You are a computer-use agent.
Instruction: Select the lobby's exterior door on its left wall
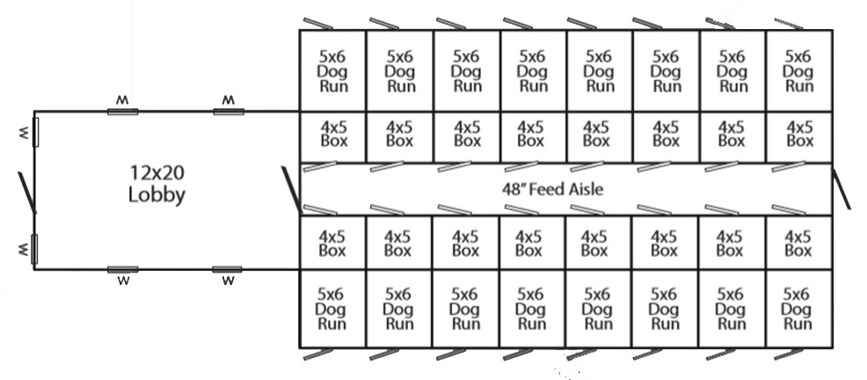tap(26, 192)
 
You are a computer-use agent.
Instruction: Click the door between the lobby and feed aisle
tap(291, 188)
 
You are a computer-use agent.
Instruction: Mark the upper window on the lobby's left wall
tap(35, 131)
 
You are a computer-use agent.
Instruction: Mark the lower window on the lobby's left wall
tap(35, 249)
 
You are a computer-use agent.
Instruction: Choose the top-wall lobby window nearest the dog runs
tap(228, 112)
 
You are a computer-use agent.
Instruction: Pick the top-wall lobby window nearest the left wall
tap(122, 112)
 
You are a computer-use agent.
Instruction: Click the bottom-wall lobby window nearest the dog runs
tap(227, 269)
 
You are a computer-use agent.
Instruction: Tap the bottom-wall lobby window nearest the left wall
tap(122, 269)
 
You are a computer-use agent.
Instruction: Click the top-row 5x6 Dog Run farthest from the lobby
tap(798, 70)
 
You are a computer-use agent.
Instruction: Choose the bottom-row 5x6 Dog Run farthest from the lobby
tap(798, 308)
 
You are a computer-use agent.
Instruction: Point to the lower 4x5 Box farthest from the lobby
tap(798, 242)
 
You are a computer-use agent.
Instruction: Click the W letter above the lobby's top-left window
tap(122, 100)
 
